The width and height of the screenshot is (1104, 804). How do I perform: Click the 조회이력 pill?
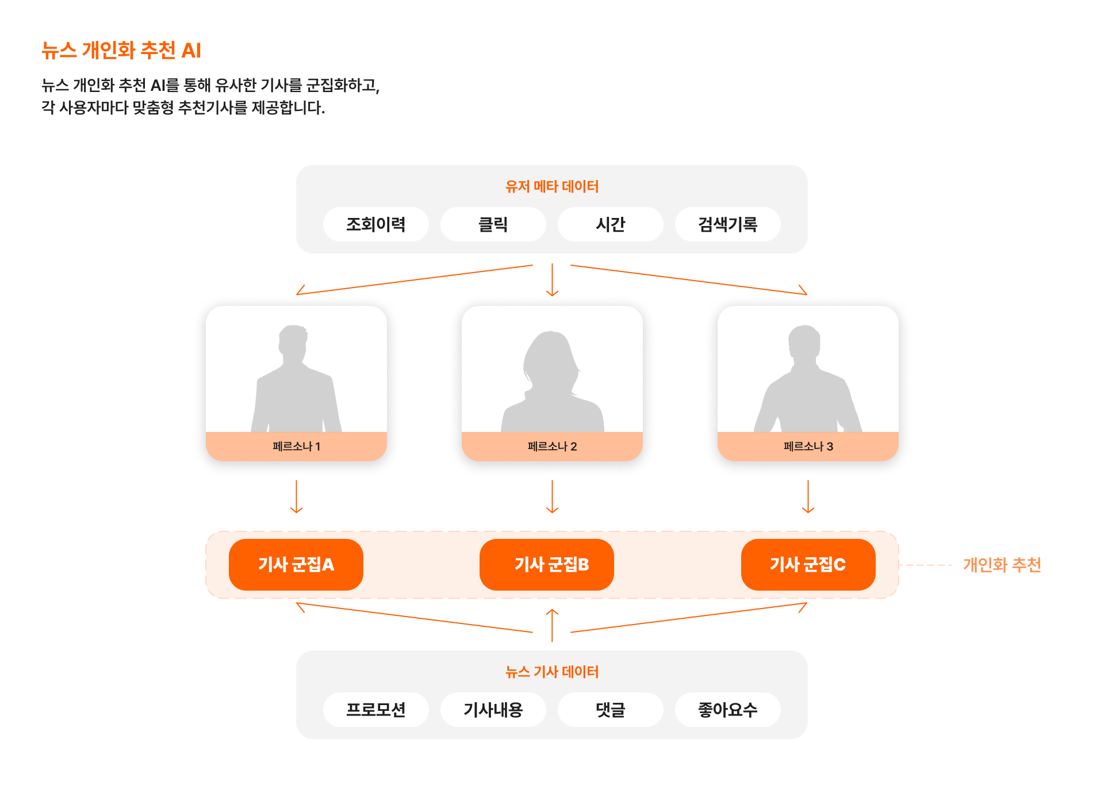[375, 224]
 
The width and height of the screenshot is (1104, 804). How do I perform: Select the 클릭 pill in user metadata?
[493, 224]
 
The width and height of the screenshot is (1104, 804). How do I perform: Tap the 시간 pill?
[610, 224]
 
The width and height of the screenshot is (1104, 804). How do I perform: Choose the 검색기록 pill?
[727, 224]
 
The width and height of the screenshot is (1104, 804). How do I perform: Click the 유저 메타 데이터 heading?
[552, 186]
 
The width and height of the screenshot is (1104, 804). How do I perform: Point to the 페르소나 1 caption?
[296, 446]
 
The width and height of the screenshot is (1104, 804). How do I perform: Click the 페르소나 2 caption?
[552, 446]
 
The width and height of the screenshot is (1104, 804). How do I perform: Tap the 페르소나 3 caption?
[808, 446]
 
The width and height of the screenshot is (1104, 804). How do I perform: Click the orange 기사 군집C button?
[808, 565]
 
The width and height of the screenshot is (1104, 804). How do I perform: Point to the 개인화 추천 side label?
[1002, 565]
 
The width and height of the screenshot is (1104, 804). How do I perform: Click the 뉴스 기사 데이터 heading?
[552, 672]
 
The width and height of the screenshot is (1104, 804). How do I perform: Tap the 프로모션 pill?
[375, 710]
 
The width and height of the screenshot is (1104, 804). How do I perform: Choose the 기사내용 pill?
[493, 710]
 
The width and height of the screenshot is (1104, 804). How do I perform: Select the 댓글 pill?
[610, 710]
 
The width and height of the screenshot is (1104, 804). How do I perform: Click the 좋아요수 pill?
[727, 710]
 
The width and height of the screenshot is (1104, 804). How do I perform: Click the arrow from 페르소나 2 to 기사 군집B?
[552, 496]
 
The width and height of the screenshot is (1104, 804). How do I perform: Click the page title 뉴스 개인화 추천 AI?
[121, 51]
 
